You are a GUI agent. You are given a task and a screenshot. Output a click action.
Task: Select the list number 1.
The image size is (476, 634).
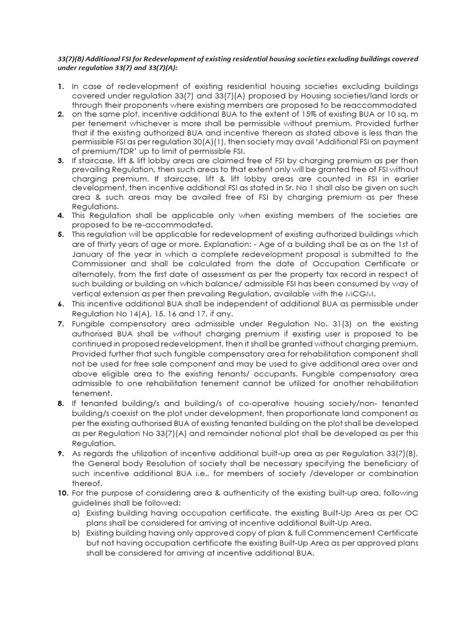point(60,86)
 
